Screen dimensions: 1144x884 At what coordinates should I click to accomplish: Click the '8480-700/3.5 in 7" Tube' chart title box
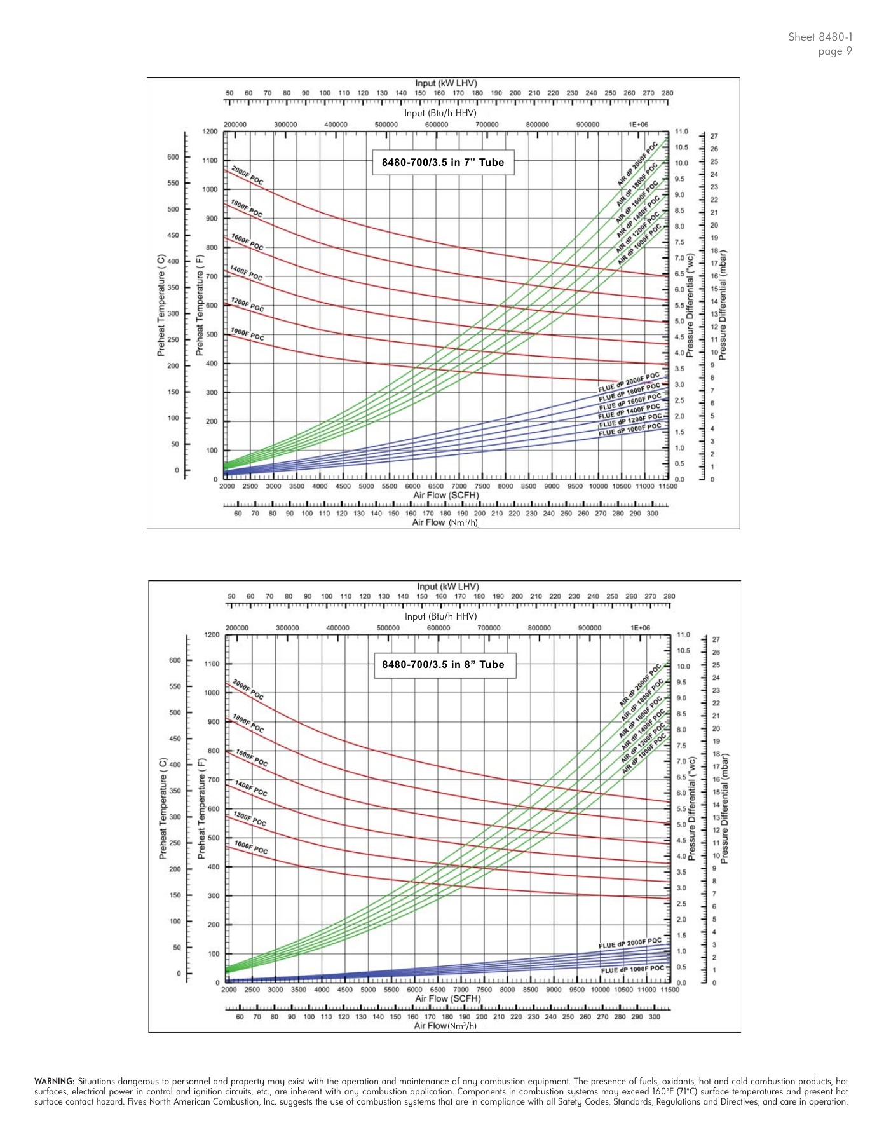442,162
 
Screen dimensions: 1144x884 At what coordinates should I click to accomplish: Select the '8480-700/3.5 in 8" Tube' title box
443,665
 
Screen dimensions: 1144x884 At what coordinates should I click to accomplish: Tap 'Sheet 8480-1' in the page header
820,37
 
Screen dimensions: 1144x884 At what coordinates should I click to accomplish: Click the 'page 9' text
835,51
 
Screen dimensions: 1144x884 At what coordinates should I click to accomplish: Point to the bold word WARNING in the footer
55,1081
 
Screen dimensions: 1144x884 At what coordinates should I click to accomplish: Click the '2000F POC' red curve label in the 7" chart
247,175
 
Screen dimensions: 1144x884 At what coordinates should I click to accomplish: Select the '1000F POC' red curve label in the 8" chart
251,847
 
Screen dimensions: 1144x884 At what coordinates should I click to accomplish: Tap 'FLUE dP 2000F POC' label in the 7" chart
629,381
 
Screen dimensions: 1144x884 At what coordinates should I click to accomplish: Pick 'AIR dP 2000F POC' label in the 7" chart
637,164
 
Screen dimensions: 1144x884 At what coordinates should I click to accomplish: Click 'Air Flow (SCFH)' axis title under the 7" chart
446,495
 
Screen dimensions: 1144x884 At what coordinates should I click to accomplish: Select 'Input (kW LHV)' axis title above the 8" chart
448,587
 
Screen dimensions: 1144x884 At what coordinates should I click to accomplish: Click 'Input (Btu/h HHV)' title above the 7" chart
440,113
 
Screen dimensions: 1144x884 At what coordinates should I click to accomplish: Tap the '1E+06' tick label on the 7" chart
638,125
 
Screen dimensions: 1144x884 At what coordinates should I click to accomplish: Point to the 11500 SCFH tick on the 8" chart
670,990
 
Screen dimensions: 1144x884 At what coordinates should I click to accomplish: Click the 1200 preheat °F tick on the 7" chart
210,132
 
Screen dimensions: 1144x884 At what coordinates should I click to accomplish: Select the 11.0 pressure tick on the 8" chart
682,635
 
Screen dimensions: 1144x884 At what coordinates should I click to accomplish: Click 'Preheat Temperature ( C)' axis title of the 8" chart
163,808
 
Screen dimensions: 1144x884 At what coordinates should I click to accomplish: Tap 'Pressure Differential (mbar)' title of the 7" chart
723,305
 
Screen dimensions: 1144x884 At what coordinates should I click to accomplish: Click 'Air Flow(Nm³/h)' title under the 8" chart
445,1026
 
